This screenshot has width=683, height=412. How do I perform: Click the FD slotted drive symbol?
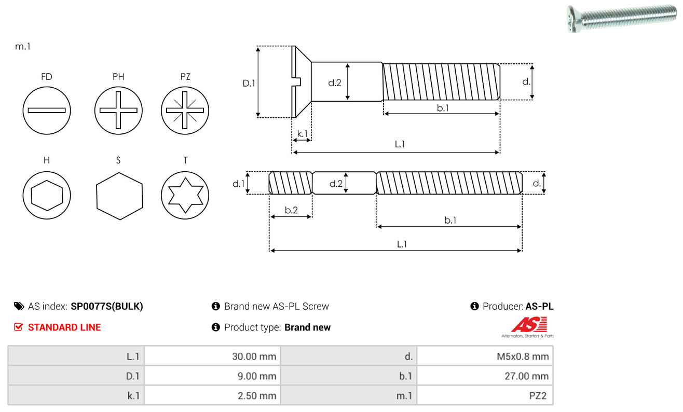click(47, 111)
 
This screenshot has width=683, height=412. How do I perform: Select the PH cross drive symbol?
click(118, 111)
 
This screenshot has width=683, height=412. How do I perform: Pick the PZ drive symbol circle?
click(185, 111)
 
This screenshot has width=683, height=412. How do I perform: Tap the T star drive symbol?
click(185, 195)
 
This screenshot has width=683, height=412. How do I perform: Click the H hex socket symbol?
click(47, 195)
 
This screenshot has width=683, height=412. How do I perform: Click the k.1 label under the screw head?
click(302, 133)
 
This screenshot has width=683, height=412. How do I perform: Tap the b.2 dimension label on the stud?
click(291, 210)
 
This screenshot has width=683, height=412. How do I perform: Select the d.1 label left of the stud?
click(238, 183)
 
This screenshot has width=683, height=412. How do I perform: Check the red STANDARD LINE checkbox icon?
click(19, 327)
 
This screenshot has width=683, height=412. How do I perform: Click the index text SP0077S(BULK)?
click(107, 306)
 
